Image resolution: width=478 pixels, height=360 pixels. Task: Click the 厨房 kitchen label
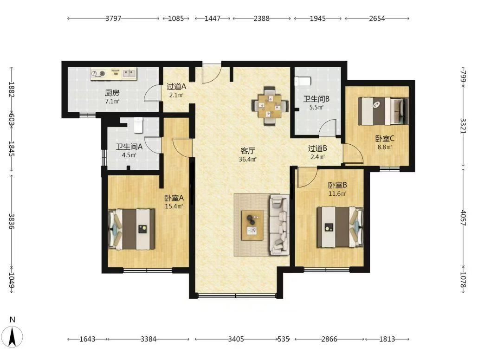(112, 93)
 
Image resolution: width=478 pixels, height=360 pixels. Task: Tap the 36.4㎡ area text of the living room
(247, 159)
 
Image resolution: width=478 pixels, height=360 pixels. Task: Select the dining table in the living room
(270, 106)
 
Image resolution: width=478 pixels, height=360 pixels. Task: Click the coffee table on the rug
(252, 225)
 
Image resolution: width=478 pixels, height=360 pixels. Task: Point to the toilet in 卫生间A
(138, 125)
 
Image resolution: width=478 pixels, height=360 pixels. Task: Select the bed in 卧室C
(383, 111)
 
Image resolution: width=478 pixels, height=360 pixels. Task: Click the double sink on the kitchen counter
(129, 73)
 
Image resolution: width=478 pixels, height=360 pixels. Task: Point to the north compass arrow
(13, 336)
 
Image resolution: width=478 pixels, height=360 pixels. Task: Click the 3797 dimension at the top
(113, 19)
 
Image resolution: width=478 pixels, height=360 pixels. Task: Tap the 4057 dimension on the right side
(463, 218)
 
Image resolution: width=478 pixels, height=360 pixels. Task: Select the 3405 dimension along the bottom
(236, 339)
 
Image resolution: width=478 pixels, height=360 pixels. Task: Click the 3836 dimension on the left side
(11, 221)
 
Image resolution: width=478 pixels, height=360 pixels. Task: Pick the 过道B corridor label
(317, 148)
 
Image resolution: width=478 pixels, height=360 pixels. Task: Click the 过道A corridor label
(176, 87)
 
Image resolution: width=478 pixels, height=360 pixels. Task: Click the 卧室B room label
(337, 185)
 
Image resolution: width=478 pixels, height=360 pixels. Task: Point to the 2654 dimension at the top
(377, 19)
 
